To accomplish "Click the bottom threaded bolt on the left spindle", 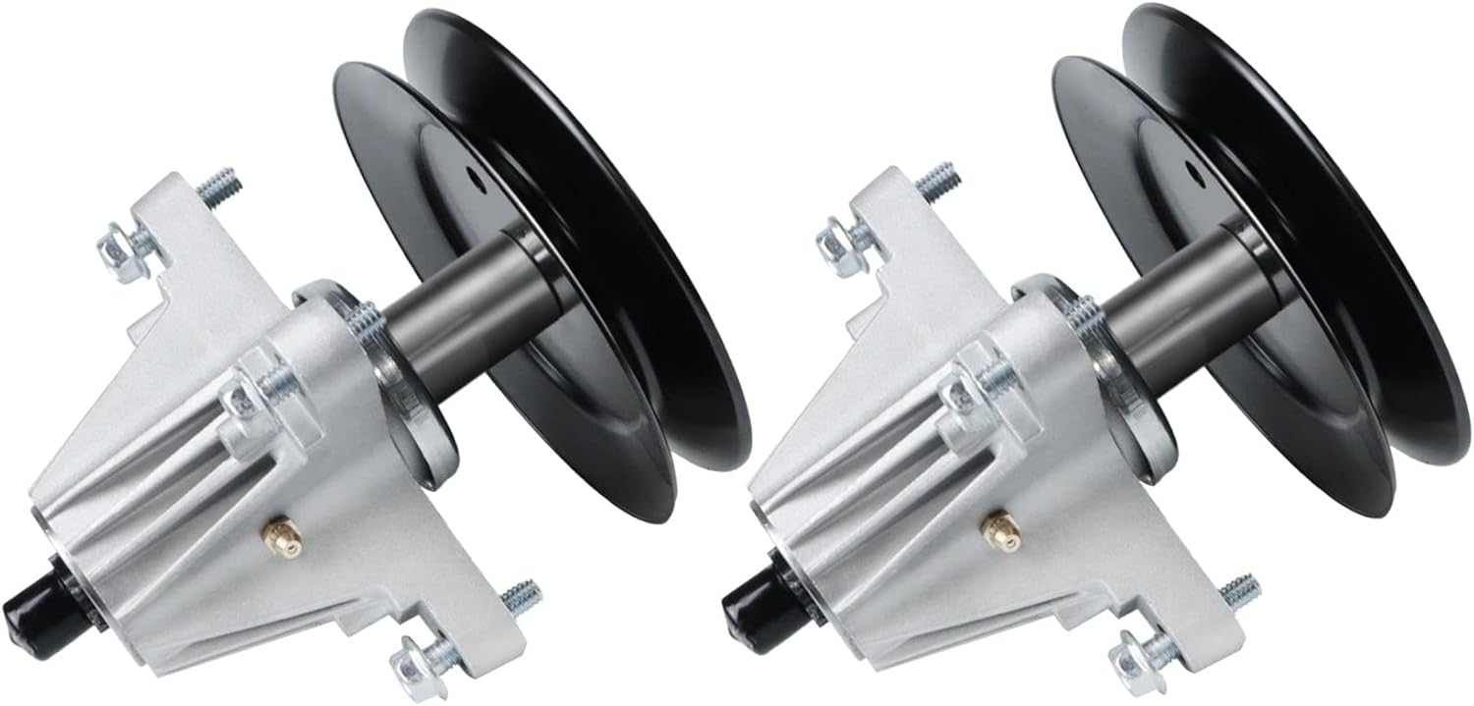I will [x=522, y=595].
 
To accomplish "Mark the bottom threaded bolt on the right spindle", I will [x=1240, y=589].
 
